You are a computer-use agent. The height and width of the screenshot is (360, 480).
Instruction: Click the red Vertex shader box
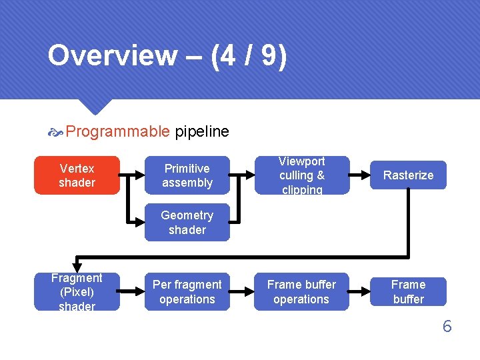click(x=77, y=175)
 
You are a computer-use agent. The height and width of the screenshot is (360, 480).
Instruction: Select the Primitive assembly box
click(x=187, y=175)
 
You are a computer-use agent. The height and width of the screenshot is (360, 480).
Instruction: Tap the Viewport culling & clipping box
click(x=301, y=175)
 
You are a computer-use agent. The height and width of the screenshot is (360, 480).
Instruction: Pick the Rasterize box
click(x=408, y=175)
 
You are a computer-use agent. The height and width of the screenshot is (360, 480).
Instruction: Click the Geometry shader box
click(x=187, y=223)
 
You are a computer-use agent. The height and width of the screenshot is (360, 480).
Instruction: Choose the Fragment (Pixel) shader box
click(x=77, y=292)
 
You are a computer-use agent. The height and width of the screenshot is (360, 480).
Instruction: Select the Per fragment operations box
click(x=187, y=292)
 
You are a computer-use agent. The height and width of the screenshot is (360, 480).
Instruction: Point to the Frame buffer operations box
click(x=301, y=292)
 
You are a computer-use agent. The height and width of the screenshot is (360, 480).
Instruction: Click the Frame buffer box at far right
click(x=408, y=292)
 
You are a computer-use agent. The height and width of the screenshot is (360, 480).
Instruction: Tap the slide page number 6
click(x=447, y=326)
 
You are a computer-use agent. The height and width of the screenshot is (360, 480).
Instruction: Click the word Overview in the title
click(x=112, y=56)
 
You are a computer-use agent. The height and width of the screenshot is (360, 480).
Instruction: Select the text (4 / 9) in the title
click(x=249, y=56)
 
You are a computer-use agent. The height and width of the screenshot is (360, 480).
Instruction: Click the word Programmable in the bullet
click(x=118, y=131)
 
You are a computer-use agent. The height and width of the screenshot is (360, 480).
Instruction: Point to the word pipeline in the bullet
click(x=202, y=131)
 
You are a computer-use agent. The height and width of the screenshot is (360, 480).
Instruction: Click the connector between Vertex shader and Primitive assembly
click(x=132, y=175)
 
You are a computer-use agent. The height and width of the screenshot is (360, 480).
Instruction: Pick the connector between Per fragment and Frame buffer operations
click(x=242, y=292)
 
